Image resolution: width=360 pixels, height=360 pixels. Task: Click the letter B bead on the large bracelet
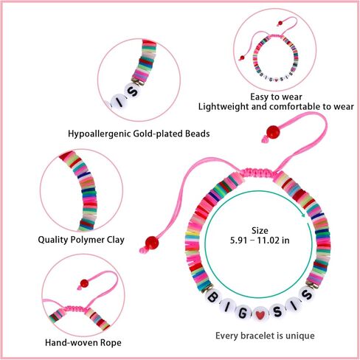pos(212,297)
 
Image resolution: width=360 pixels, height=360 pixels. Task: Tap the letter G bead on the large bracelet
pos(242,313)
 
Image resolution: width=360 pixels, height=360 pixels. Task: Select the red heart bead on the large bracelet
pos(259,314)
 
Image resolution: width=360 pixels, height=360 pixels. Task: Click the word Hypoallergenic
pos(99,134)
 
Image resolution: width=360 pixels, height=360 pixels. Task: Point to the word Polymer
pos(87,240)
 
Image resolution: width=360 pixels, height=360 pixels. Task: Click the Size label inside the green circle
pos(260,231)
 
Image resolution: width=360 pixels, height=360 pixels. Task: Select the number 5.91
pos(238,240)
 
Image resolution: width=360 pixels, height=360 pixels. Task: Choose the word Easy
pos(259,97)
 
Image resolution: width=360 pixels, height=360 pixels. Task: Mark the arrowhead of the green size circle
pos(303,215)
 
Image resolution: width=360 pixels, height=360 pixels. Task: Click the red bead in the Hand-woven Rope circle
pos(84,283)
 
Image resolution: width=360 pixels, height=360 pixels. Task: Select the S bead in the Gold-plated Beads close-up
pos(133,92)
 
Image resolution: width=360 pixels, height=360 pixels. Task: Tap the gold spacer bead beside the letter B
pos(206,288)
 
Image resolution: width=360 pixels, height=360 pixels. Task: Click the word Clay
pos(115,240)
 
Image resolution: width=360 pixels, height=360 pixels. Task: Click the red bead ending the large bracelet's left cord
pos(152,243)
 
